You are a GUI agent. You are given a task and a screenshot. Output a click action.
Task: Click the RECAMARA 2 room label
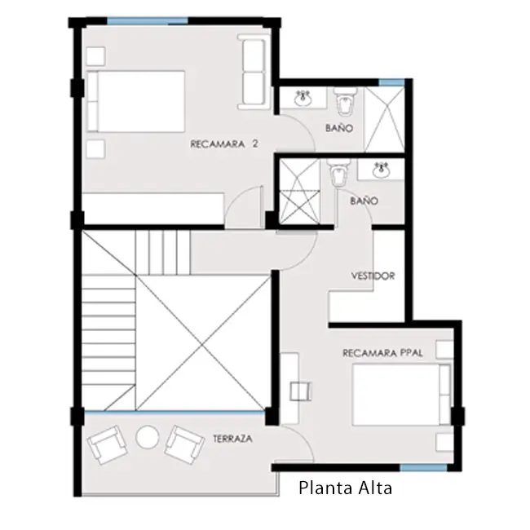pyautogui.click(x=224, y=144)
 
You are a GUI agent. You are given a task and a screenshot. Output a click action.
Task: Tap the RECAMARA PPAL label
pyautogui.click(x=382, y=353)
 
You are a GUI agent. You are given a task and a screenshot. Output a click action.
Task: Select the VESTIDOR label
pyautogui.click(x=373, y=276)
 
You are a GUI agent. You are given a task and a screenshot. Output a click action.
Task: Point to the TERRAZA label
pyautogui.click(x=233, y=439)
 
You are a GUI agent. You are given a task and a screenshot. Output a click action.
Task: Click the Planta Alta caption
pyautogui.click(x=346, y=488)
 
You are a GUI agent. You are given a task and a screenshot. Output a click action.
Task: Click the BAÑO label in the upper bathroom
pyautogui.click(x=339, y=128)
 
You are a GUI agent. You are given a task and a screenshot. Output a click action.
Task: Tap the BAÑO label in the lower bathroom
pyautogui.click(x=364, y=201)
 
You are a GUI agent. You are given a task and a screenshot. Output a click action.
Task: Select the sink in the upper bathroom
pyautogui.click(x=303, y=98)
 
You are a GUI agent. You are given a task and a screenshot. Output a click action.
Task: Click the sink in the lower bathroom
pyautogui.click(x=382, y=170)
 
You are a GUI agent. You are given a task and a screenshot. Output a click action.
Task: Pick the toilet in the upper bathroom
pyautogui.click(x=345, y=101)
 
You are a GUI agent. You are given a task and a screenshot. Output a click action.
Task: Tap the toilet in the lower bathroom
pyautogui.click(x=338, y=172)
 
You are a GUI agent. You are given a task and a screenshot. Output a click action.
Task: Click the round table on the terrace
pyautogui.click(x=148, y=437)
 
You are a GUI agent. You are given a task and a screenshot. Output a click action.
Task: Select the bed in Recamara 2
pyautogui.click(x=136, y=101)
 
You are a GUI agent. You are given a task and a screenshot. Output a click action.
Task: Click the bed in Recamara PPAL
pyautogui.click(x=401, y=395)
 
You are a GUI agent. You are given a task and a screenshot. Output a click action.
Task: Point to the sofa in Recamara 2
pyautogui.click(x=252, y=72)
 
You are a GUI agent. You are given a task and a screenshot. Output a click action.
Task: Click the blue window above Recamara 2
pyautogui.click(x=148, y=21)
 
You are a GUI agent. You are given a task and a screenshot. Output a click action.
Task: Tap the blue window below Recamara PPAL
pyautogui.click(x=423, y=467)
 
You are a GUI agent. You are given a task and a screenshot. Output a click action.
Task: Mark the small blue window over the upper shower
pyautogui.click(x=391, y=82)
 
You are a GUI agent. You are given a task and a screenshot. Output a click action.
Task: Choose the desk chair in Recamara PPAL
pyautogui.click(x=301, y=391)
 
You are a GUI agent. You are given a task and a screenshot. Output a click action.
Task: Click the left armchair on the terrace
pyautogui.click(x=107, y=444)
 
